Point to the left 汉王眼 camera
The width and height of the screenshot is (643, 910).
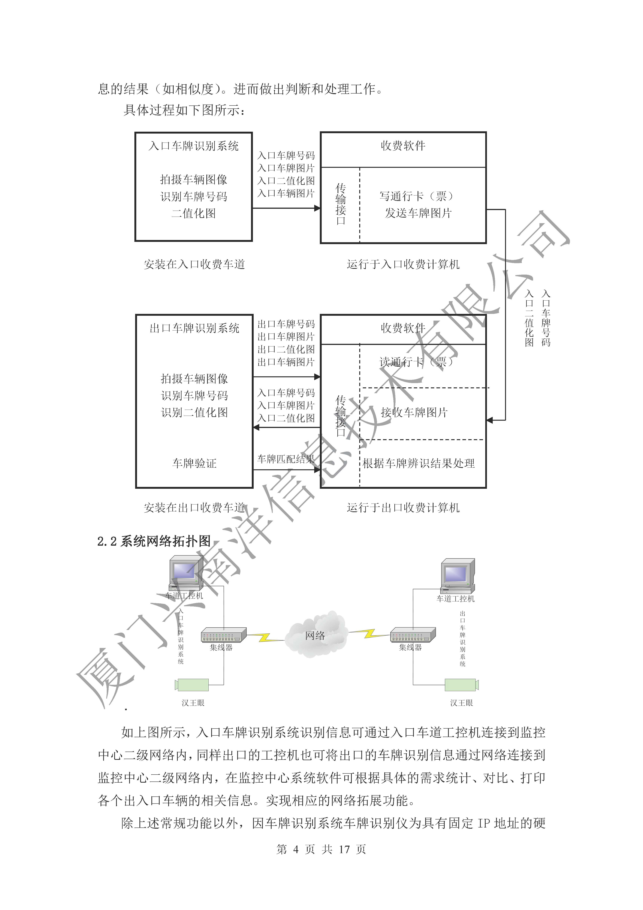click(192, 685)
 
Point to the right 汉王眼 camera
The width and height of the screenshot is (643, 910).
click(462, 685)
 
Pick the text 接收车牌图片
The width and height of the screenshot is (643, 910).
click(414, 413)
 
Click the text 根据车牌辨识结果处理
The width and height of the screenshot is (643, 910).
click(418, 463)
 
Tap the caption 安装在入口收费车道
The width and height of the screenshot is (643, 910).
click(194, 264)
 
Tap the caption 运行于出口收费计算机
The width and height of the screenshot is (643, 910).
click(403, 508)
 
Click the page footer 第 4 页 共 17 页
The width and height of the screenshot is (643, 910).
click(321, 849)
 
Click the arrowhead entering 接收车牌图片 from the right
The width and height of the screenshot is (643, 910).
click(490, 420)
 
